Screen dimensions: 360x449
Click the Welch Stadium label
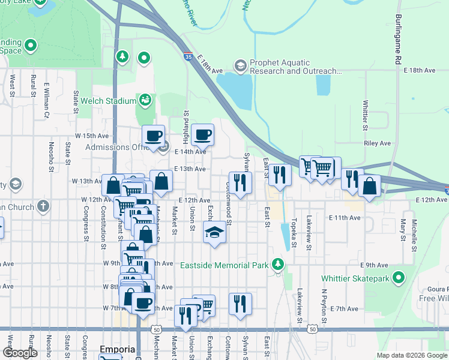pyautogui.click(x=112, y=100)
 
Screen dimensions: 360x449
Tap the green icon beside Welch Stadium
pyautogui.click(x=144, y=99)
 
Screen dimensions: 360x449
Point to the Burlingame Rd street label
pyautogui.click(x=397, y=40)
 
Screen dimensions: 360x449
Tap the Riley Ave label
pyautogui.click(x=377, y=143)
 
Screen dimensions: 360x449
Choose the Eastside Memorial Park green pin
pyautogui.click(x=277, y=264)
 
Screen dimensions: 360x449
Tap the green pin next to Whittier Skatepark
pyautogui.click(x=398, y=278)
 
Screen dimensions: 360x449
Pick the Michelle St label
pyautogui.click(x=414, y=235)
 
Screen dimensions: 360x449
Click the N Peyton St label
pyautogui.click(x=324, y=307)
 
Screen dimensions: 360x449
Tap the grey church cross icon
pyautogui.click(x=42, y=207)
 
